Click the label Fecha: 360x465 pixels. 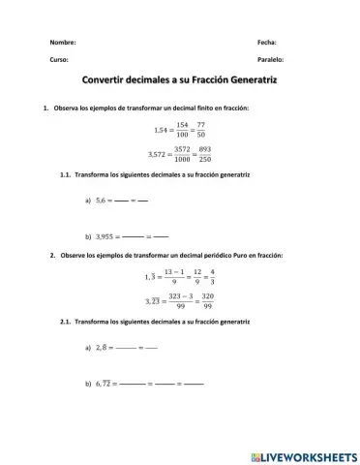267,43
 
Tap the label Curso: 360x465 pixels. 59,60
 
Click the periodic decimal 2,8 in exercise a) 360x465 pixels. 100,346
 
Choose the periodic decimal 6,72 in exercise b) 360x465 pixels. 102,384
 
